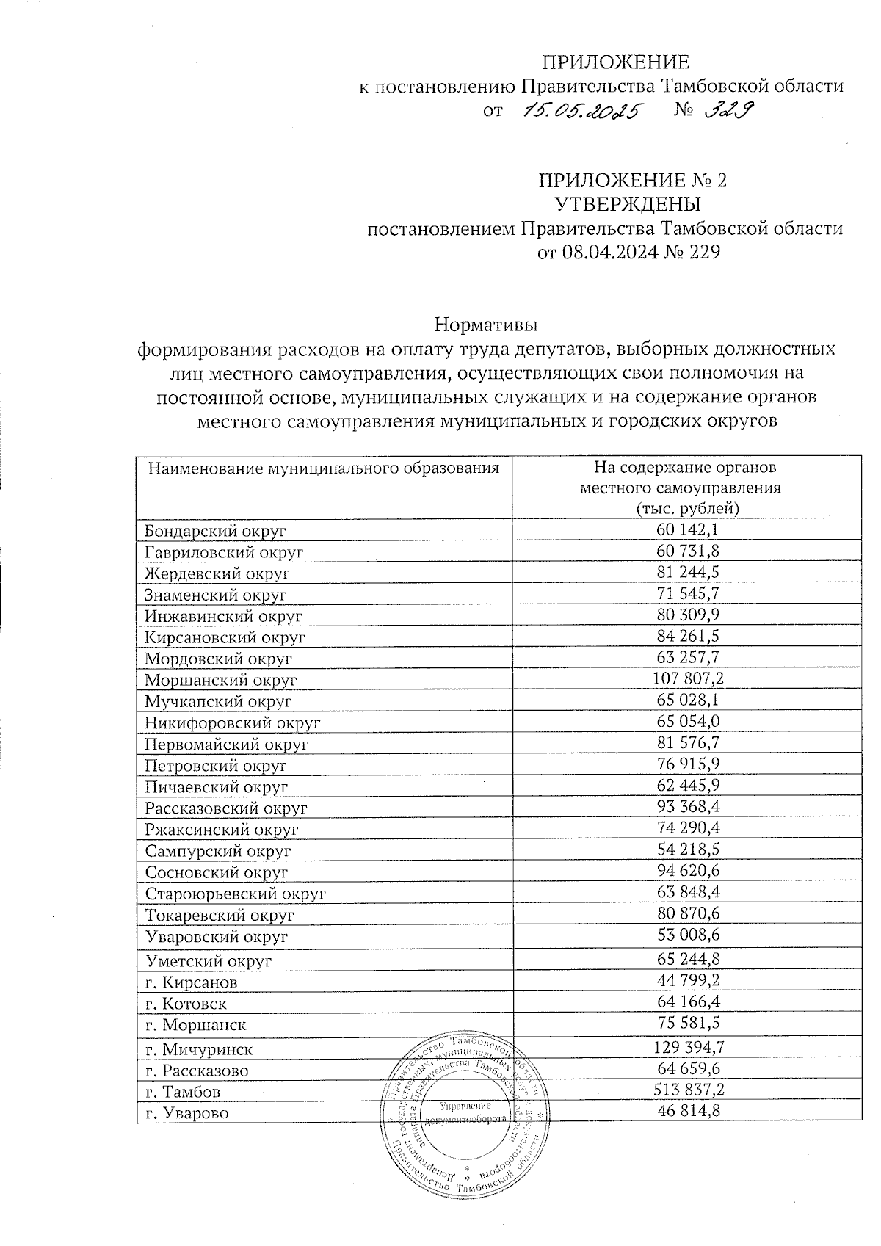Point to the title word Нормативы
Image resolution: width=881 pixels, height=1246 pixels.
(x=486, y=323)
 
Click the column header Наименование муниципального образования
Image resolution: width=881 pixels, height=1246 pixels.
(x=324, y=468)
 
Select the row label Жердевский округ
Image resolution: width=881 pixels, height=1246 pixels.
(x=217, y=573)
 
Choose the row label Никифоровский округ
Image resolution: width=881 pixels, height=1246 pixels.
(x=233, y=722)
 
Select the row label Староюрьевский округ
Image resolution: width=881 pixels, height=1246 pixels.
(x=235, y=894)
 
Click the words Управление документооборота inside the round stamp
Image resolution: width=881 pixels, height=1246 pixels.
(x=465, y=1112)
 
